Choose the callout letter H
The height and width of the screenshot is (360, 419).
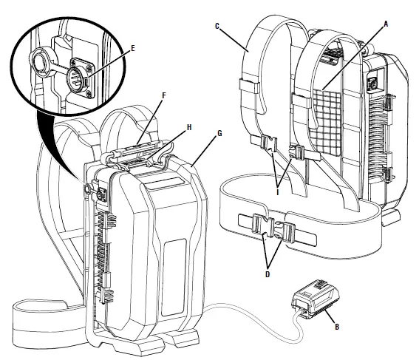189,127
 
